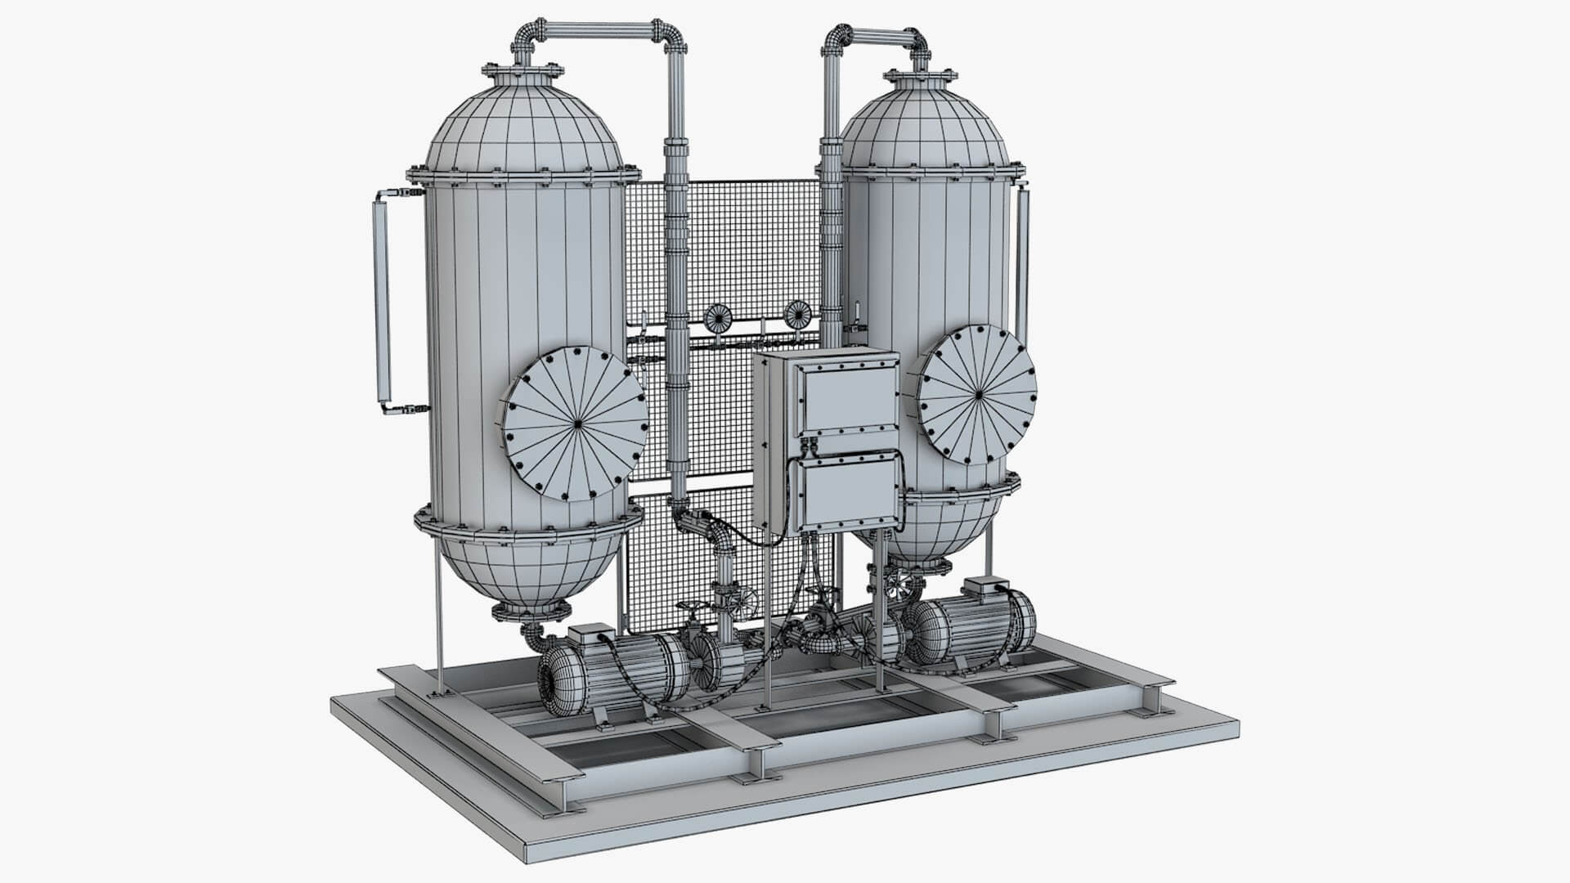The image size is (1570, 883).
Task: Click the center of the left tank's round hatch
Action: point(575,424)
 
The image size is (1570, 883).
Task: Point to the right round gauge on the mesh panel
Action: point(796,312)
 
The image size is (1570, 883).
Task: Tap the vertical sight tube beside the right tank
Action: point(1023,270)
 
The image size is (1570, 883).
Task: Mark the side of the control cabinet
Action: point(764,441)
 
